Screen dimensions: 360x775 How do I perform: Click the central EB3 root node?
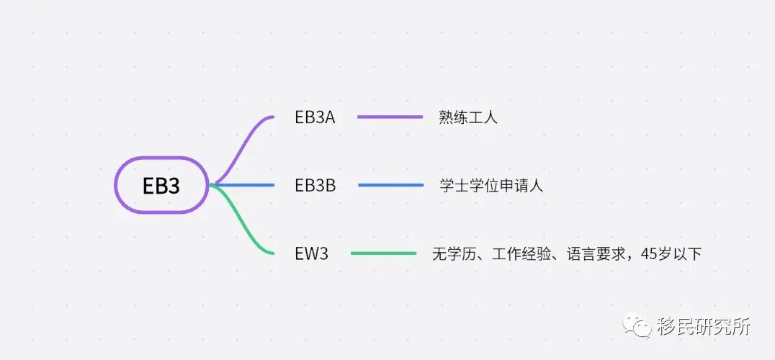pos(161,185)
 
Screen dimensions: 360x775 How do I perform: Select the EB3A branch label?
pos(315,117)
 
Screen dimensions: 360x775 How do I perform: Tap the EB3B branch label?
pos(315,185)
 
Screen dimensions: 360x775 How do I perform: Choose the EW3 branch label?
pos(311,253)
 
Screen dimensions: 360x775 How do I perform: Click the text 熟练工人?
pos(468,117)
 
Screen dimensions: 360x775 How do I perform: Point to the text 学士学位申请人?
pos(491,186)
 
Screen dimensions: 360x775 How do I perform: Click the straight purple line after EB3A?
pos(390,117)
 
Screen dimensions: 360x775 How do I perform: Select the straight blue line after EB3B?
pos(390,185)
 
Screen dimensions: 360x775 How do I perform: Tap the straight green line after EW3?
pos(383,253)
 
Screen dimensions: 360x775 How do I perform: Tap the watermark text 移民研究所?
pos(704,326)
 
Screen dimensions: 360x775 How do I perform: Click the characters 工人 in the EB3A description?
pos(483,117)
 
